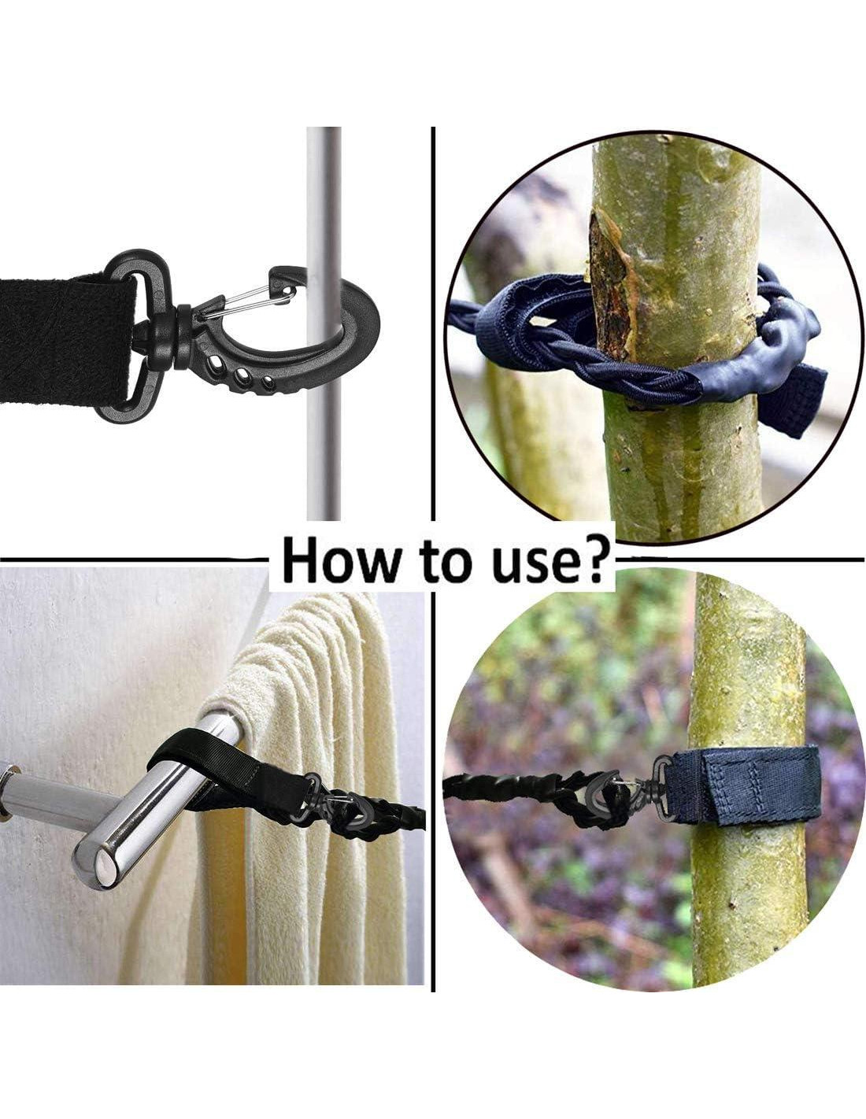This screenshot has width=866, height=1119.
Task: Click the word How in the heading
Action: pos(341,561)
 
